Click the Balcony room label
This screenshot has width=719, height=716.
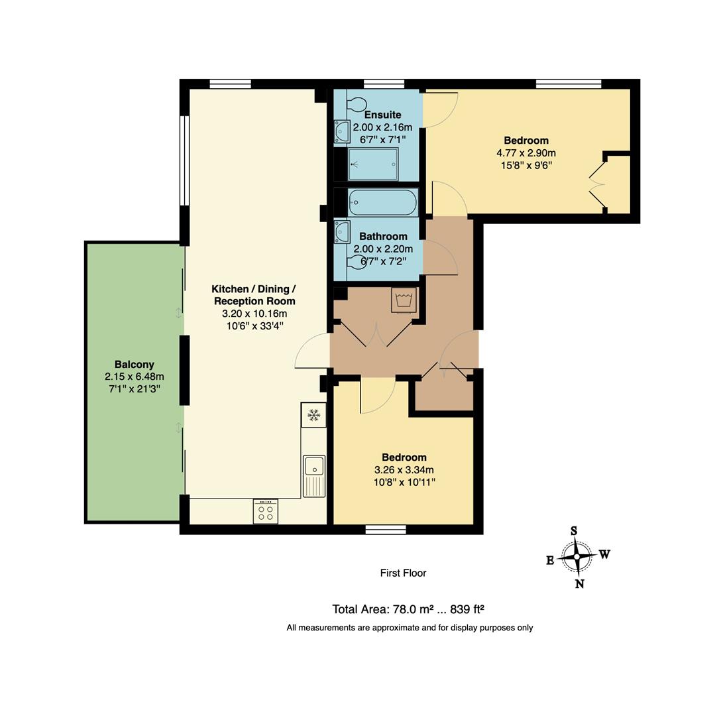(x=134, y=364)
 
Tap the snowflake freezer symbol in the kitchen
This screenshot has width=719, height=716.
(x=313, y=415)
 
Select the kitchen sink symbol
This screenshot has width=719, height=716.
(x=314, y=475)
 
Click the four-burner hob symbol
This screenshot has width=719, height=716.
(x=265, y=511)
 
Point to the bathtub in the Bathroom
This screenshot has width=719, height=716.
(x=383, y=202)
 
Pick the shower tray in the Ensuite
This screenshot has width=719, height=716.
(x=373, y=164)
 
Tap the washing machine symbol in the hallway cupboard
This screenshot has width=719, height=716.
(x=404, y=300)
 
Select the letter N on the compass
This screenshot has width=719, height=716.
(x=579, y=584)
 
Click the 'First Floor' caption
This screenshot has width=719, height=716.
(x=403, y=573)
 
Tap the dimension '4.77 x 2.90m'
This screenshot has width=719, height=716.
(x=526, y=152)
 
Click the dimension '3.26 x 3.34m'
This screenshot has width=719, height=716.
(x=404, y=470)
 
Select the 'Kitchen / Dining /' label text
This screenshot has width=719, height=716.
(x=254, y=289)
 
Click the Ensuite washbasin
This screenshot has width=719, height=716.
(x=342, y=131)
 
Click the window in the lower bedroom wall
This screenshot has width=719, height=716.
(x=386, y=529)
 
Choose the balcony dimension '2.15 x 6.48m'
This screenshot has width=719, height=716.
(x=134, y=377)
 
